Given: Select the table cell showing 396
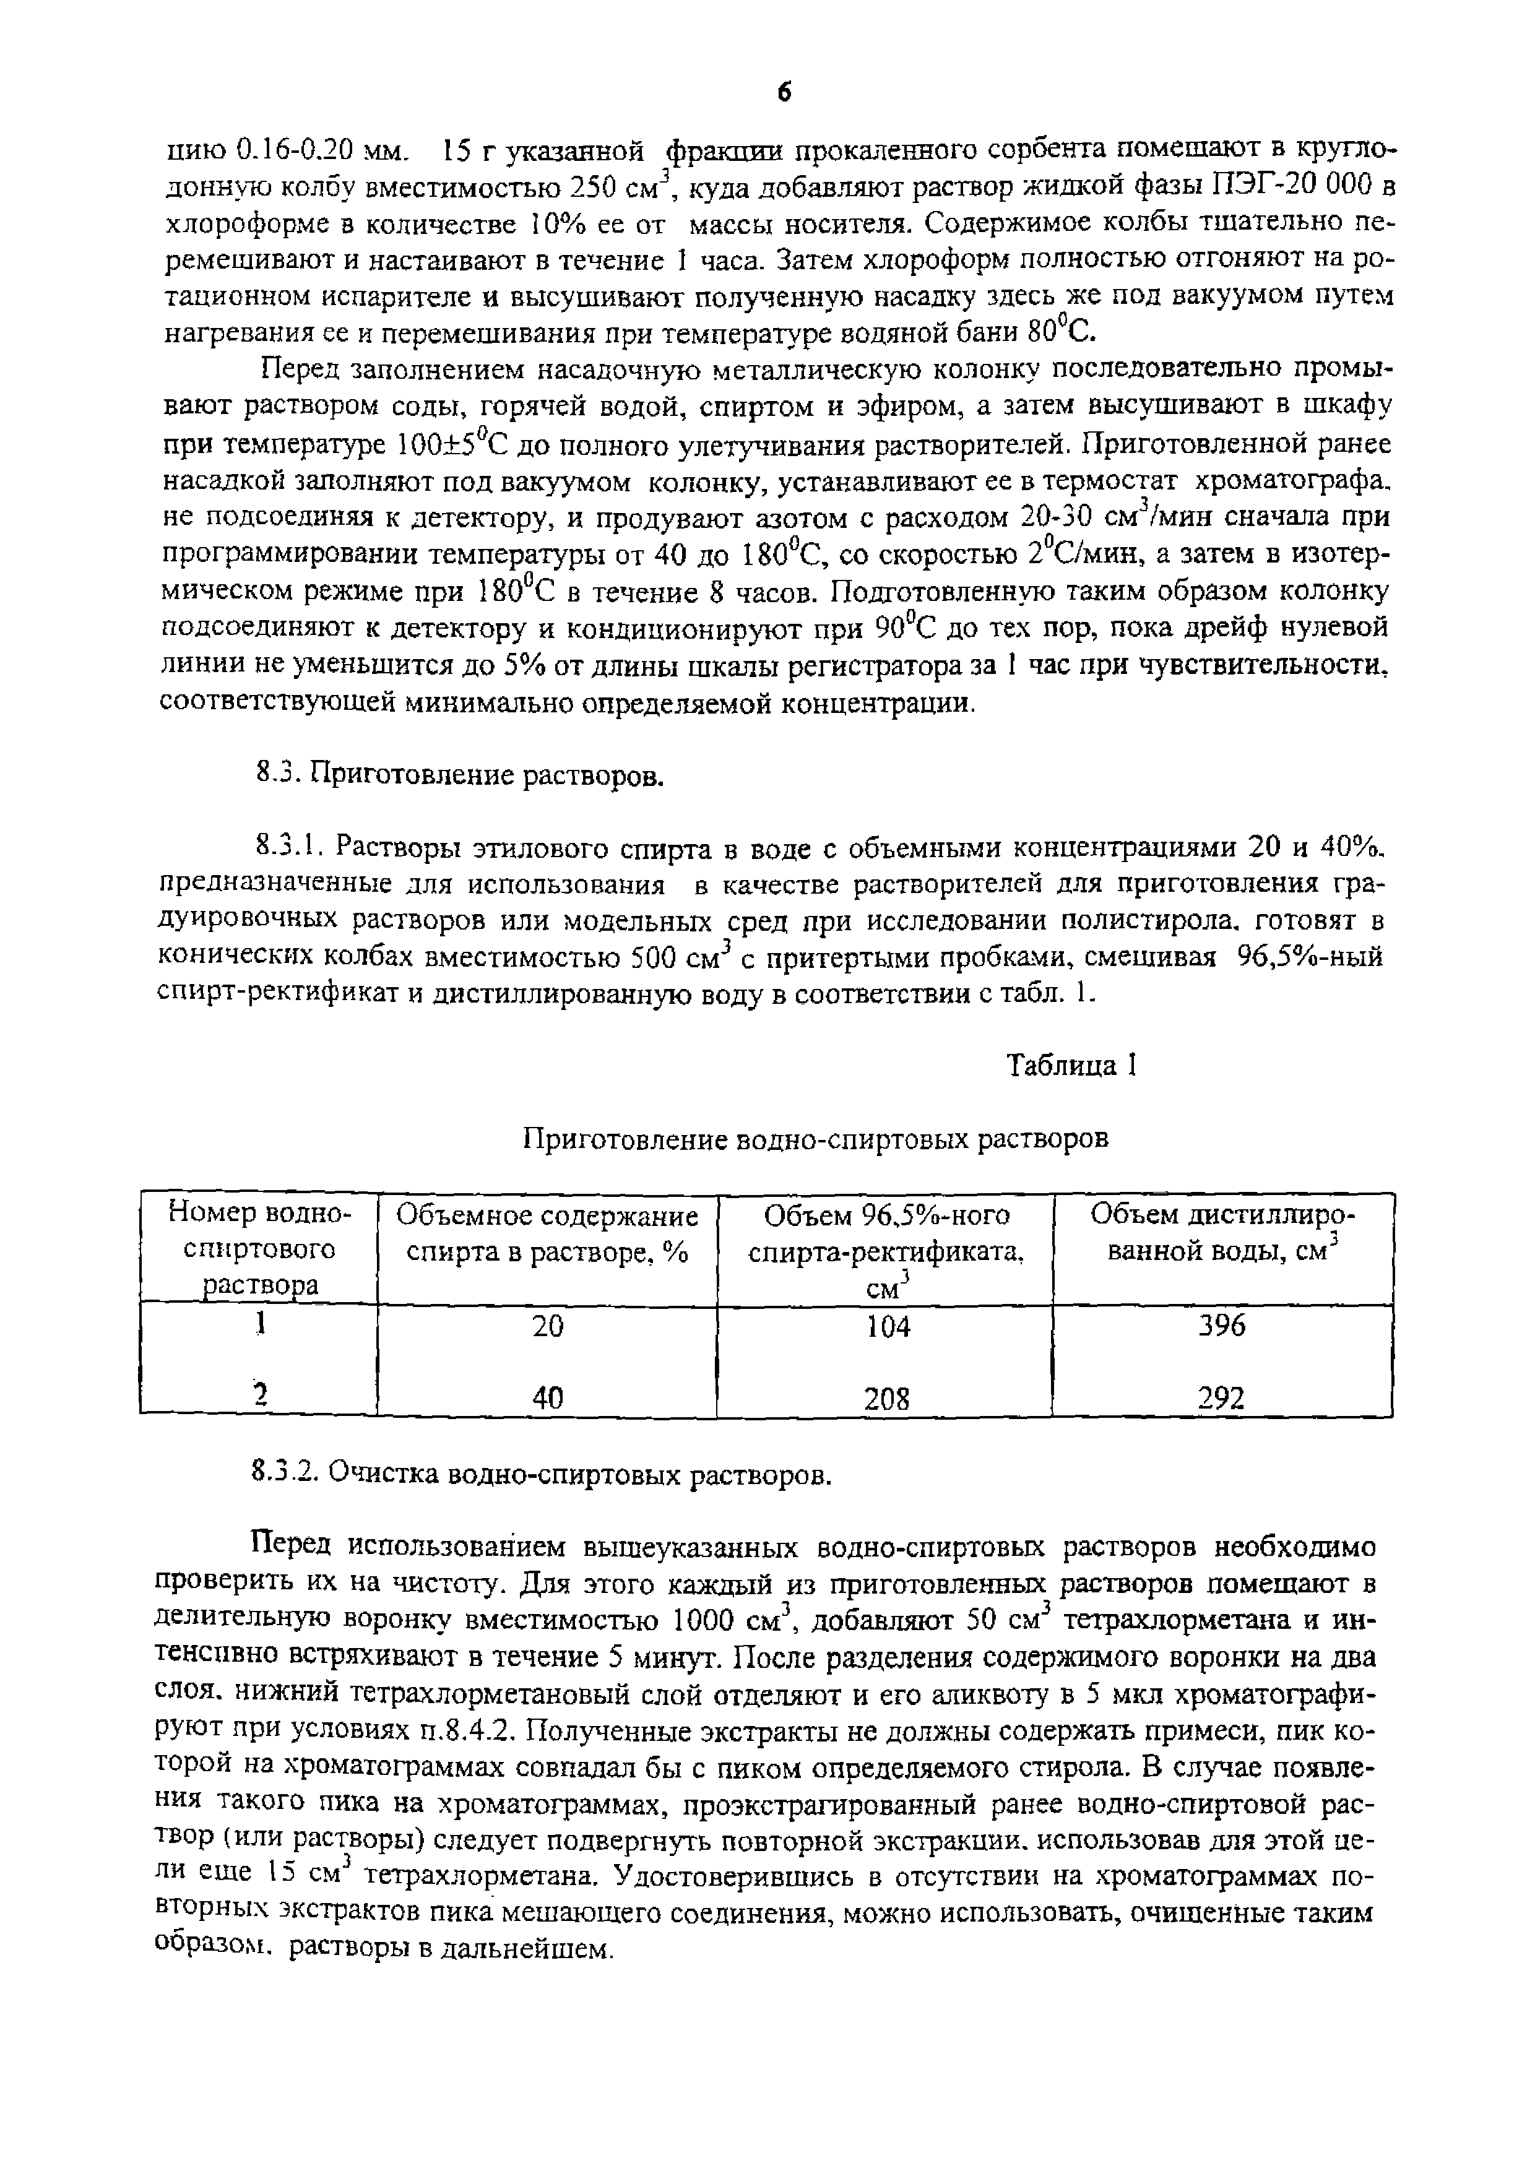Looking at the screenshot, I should (1222, 1326).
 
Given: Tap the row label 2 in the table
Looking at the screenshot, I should (257, 1393).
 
